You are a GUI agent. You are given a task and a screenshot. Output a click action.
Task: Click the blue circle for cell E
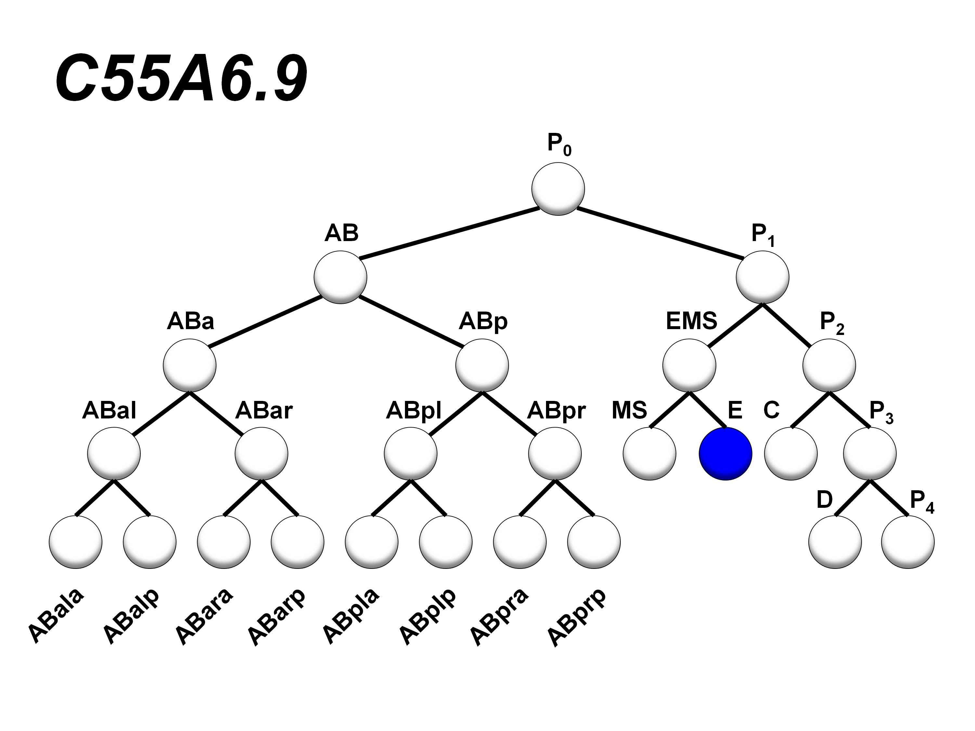[x=725, y=454]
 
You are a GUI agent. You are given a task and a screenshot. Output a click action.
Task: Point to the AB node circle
[x=340, y=277]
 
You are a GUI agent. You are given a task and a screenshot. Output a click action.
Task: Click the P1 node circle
[x=762, y=277]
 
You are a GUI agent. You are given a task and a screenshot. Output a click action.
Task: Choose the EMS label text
[x=691, y=321]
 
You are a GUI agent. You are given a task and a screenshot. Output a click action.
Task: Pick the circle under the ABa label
[x=189, y=365]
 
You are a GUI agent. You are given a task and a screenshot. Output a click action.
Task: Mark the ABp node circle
[x=482, y=365]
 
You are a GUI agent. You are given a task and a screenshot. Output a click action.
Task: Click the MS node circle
[x=649, y=454]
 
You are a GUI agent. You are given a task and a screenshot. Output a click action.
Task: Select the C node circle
[x=791, y=454]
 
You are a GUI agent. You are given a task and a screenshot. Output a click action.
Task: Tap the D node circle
[x=835, y=542]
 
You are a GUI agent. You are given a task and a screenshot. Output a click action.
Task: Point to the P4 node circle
[x=908, y=542]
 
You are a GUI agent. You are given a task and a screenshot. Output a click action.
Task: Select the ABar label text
[x=264, y=411]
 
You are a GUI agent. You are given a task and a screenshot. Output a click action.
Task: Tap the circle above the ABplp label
[x=446, y=542]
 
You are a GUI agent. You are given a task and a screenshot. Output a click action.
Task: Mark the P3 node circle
[x=870, y=454]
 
